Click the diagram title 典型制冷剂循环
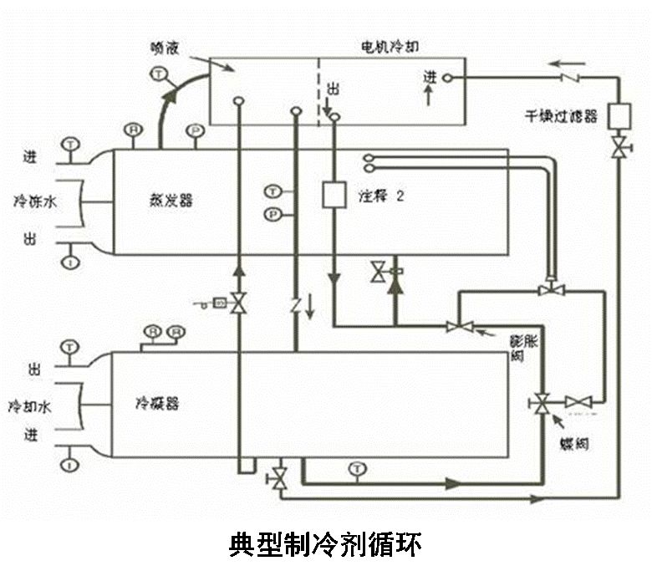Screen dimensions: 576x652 point(325,544)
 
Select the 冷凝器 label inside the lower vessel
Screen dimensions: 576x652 point(158,404)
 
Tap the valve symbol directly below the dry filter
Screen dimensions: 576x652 point(618,148)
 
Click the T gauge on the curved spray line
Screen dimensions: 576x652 point(158,75)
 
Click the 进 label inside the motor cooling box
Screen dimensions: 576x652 point(430,77)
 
